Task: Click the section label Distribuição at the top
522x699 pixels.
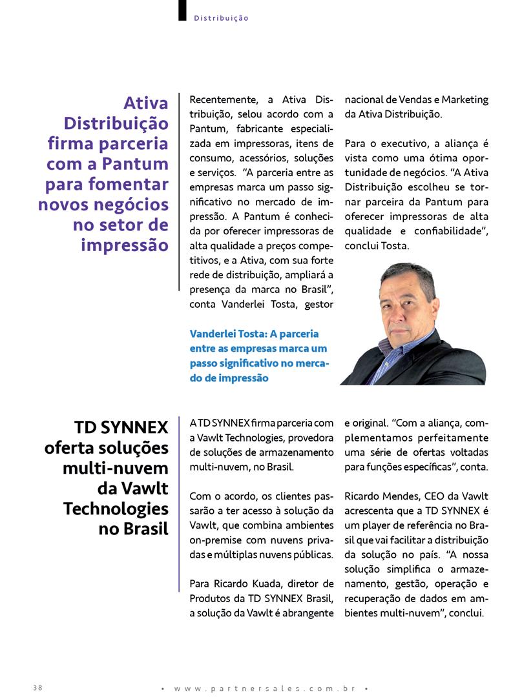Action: [x=221, y=18]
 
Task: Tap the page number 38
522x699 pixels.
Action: [x=37, y=687]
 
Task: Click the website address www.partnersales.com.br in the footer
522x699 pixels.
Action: [x=264, y=689]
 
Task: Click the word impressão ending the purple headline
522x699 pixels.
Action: [x=125, y=246]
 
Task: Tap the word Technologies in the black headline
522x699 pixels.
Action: [x=116, y=509]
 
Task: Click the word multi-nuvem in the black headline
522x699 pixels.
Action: [x=116, y=468]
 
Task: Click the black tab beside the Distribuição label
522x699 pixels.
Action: [x=182, y=10]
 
